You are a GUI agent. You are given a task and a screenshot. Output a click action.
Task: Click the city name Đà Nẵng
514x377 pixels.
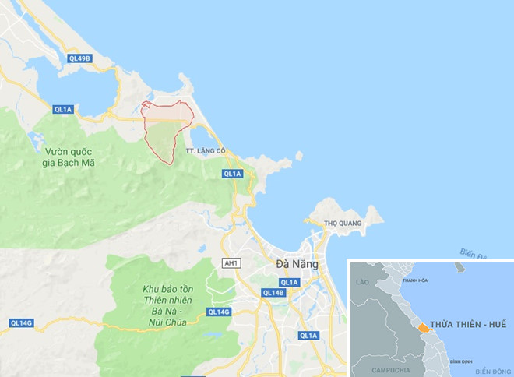click(297, 265)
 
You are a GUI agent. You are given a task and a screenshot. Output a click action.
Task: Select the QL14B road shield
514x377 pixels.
click(273, 293)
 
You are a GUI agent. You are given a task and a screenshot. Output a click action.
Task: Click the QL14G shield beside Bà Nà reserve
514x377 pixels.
click(219, 312)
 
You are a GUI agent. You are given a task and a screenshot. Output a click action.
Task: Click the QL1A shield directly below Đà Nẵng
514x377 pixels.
click(289, 282)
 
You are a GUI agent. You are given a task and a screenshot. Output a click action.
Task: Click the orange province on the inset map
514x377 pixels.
click(423, 328)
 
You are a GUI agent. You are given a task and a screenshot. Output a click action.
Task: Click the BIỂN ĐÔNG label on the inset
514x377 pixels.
click(491, 370)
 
